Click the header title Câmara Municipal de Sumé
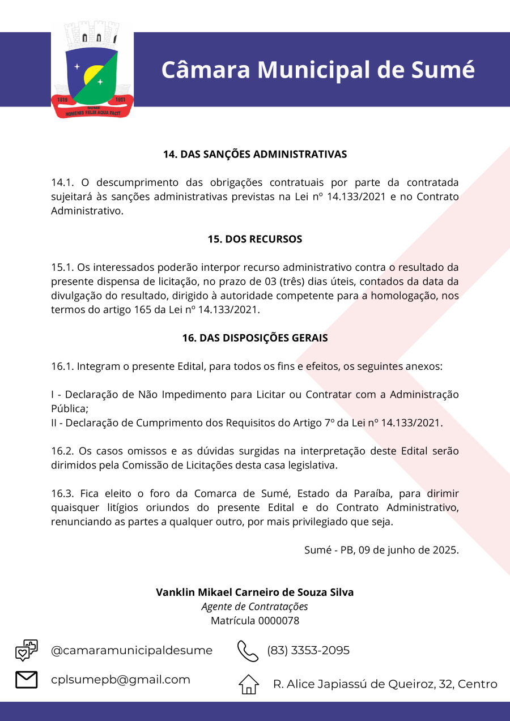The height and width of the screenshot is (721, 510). [318, 69]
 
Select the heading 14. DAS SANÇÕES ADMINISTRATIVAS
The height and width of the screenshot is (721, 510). [255, 154]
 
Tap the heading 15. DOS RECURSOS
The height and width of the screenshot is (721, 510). [255, 239]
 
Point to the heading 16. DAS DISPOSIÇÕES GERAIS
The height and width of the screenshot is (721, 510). [255, 338]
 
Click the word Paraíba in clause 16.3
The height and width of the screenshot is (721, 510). [368, 494]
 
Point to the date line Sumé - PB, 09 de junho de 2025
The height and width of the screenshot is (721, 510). [381, 550]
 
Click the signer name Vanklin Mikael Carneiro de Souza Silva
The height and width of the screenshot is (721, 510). [255, 592]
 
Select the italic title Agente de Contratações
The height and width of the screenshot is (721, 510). [255, 607]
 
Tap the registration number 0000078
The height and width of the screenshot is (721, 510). [279, 621]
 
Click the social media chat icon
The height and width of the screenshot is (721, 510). [27, 650]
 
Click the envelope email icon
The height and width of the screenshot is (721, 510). [27, 680]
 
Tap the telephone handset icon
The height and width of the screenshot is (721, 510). [248, 651]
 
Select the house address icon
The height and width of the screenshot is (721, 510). [248, 684]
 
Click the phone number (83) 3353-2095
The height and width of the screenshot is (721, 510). [308, 650]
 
